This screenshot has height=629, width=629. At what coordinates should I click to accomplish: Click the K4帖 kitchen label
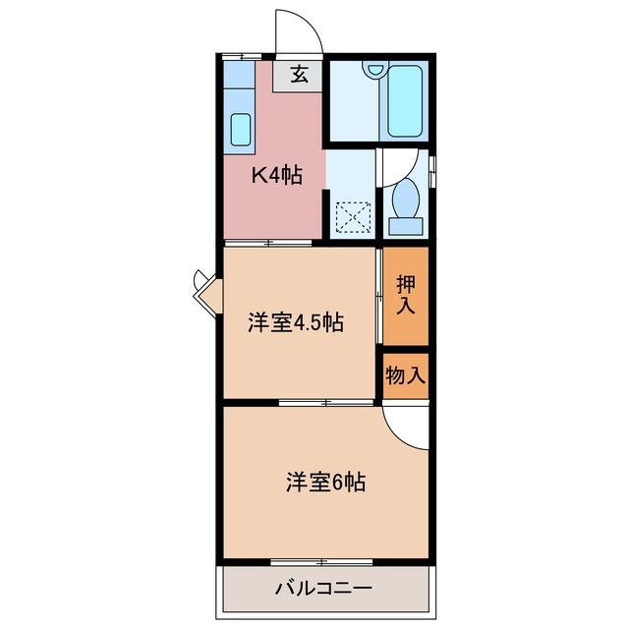coord(276,176)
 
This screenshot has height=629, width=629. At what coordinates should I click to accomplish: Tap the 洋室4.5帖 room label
coord(295,321)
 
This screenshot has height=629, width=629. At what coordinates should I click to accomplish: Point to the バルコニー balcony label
coord(323,590)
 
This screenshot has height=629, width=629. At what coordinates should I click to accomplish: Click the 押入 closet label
coord(406,295)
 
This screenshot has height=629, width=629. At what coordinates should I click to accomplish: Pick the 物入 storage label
coord(406,374)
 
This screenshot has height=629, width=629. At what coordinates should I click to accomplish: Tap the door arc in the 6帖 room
coord(403,423)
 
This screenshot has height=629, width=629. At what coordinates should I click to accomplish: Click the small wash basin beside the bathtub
coord(373,71)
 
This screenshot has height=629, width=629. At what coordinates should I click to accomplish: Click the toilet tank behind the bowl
coord(405,226)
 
